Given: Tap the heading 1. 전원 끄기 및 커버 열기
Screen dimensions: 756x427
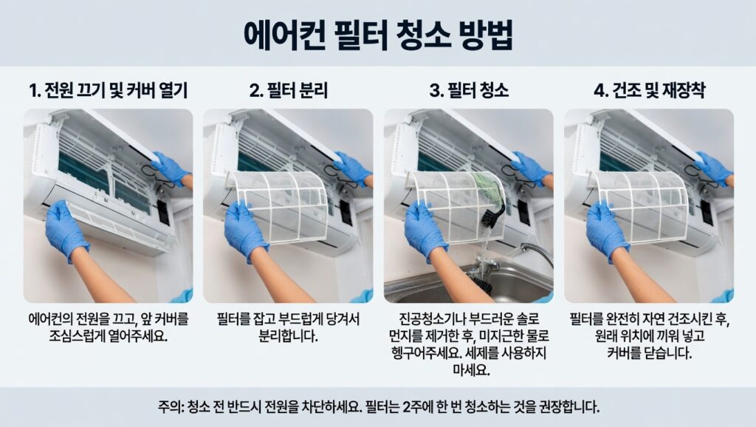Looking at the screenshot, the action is pos(108,90).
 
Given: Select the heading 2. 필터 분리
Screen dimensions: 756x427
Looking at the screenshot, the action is pos(289,90).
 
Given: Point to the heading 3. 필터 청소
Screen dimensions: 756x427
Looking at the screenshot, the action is pos(469,90).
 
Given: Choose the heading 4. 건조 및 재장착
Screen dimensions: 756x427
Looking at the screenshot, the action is pos(649,90).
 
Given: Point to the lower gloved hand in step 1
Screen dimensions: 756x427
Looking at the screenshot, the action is pos(66,229).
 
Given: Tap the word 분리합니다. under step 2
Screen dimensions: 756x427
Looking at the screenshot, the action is pos(289,336).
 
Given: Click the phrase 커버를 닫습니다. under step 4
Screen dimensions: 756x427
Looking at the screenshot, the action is pos(649,352).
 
